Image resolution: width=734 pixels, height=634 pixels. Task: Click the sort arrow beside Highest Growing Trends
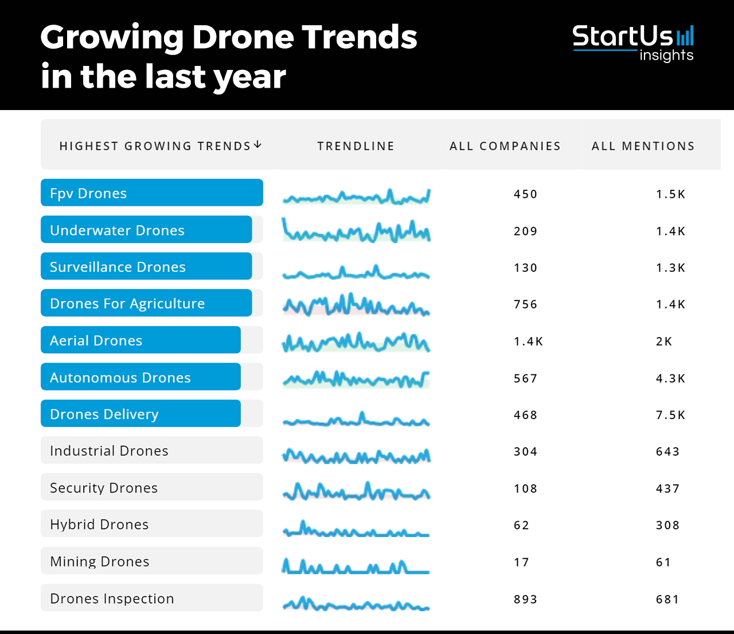(257, 144)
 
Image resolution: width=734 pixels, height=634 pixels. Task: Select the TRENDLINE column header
(356, 146)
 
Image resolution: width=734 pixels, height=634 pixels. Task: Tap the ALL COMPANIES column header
(505, 146)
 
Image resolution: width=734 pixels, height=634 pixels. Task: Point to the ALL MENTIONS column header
(643, 146)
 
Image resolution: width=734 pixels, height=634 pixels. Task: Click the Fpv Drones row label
(88, 193)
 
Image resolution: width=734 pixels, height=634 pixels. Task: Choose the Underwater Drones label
(117, 230)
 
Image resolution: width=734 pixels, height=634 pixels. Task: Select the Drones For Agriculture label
(127, 304)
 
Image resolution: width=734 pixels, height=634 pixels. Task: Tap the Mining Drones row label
(100, 562)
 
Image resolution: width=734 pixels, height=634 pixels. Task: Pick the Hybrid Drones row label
(99, 525)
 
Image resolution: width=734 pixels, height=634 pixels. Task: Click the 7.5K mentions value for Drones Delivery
(670, 415)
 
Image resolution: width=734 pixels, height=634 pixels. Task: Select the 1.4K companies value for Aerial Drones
(528, 342)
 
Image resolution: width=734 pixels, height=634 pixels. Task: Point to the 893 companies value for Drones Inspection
(525, 600)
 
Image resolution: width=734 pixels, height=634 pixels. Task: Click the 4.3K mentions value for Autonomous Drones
(670, 378)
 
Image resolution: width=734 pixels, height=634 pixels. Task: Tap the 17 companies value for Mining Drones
(521, 562)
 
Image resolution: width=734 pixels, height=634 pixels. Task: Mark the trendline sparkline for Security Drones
(356, 492)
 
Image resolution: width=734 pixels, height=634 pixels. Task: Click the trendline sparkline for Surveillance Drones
(356, 272)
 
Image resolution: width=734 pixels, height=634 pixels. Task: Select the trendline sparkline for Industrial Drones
(356, 456)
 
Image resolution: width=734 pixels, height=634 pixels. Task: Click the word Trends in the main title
(360, 37)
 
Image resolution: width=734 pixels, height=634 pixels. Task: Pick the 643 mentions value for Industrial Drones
(667, 452)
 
